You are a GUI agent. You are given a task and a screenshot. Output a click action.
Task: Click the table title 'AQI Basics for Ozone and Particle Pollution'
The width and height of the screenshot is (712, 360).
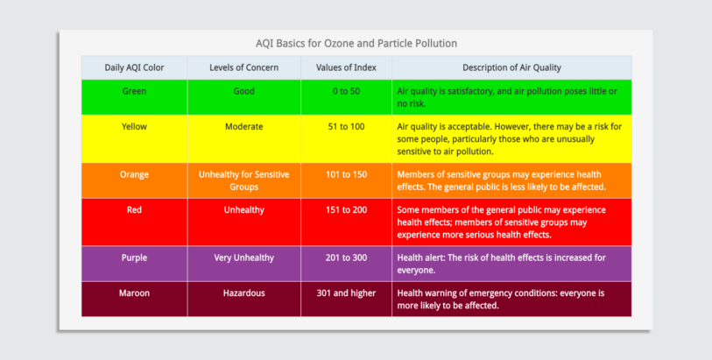(x=356, y=43)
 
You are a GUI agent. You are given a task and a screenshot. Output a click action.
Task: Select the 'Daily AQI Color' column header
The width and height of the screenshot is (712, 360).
(x=134, y=67)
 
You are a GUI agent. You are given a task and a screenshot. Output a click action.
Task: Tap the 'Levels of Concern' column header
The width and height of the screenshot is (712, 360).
(x=243, y=67)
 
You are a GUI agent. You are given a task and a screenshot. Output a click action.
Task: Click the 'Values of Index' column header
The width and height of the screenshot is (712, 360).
(x=346, y=67)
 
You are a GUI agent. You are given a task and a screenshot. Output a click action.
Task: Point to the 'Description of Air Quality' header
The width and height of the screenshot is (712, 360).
(x=511, y=67)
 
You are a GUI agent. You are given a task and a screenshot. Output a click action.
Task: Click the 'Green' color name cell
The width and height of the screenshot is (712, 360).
(x=134, y=91)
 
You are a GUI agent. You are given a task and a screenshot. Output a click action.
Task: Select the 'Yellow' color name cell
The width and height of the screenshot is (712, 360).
(x=134, y=126)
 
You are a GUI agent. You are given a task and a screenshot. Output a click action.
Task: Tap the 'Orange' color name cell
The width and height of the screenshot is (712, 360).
(x=134, y=174)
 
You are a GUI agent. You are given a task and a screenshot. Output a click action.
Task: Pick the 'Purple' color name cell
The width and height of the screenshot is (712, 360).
(x=134, y=258)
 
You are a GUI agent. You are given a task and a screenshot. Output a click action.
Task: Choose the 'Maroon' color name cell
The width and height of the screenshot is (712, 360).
(x=134, y=293)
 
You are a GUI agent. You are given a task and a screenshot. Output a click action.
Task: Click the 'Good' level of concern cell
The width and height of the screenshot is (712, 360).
(x=243, y=91)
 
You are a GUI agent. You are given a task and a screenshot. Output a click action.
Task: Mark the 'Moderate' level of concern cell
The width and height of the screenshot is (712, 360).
(x=243, y=126)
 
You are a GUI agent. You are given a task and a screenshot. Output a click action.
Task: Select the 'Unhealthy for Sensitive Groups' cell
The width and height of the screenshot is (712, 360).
(x=243, y=180)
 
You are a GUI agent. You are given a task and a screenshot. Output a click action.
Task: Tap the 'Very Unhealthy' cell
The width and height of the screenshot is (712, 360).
(x=243, y=258)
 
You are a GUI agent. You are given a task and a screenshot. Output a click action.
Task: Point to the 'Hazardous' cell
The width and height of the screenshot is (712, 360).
(x=243, y=293)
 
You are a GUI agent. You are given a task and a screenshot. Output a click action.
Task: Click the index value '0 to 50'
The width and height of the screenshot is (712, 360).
(x=346, y=91)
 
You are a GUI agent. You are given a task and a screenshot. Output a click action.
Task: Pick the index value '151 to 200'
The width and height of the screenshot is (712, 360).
(x=346, y=209)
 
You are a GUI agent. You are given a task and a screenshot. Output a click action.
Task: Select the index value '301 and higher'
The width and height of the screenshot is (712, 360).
(x=346, y=293)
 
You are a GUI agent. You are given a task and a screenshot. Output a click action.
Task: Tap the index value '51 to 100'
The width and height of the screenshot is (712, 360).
(x=346, y=126)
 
